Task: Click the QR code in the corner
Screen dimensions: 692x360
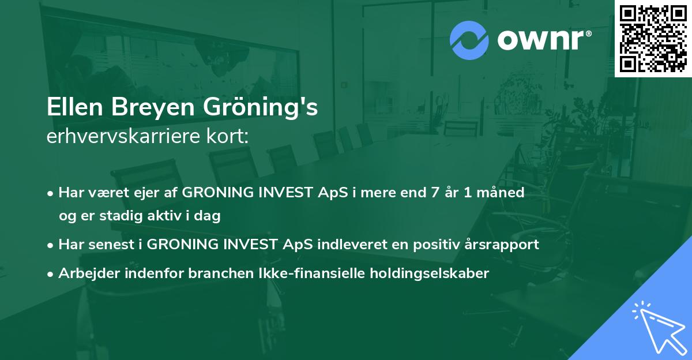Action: point(653,38)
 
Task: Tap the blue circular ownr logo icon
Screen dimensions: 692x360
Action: point(469,40)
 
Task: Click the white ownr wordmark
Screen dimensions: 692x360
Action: point(541,40)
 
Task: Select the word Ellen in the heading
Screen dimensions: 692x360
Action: point(74,107)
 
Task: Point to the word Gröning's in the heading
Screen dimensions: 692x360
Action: point(260,108)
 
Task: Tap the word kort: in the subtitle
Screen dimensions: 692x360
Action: point(228,136)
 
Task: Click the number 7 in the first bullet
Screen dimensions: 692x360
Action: point(435,192)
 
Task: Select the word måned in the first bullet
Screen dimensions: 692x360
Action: point(501,192)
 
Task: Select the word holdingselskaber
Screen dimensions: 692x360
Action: point(430,273)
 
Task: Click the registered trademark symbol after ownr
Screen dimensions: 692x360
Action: point(588,33)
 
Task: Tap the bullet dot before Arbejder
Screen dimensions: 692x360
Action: point(50,274)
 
